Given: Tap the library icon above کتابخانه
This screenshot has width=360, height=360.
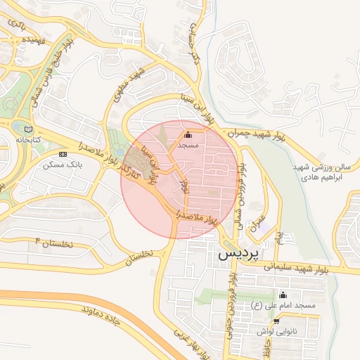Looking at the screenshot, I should point(28,129).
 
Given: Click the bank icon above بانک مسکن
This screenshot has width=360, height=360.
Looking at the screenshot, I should point(63,154).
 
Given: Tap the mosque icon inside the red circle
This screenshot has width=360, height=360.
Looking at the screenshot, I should point(188,134).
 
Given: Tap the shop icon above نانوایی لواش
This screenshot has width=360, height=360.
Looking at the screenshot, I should point(276,321).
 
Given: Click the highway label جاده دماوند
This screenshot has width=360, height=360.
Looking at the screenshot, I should point(105,316).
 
